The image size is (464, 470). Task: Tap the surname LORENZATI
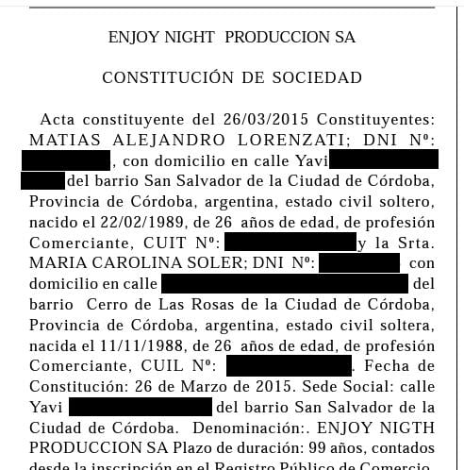(x=291, y=140)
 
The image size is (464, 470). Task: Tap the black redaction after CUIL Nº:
(x=289, y=365)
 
